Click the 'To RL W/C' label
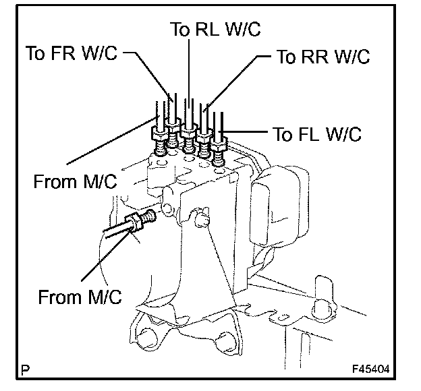[215, 29]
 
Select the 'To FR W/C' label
[72, 53]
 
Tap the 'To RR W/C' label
[323, 57]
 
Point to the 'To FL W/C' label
[317, 133]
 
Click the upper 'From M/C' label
[75, 181]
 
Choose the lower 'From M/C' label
[80, 297]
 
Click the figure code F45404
[371, 369]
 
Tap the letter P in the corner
[25, 370]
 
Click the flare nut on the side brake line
[133, 221]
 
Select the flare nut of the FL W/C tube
[219, 145]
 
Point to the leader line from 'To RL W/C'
[189, 73]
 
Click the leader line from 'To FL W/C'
[244, 131]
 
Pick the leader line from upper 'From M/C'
[112, 140]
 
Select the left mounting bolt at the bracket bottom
[147, 338]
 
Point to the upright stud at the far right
[324, 298]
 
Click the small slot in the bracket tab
[283, 318]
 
